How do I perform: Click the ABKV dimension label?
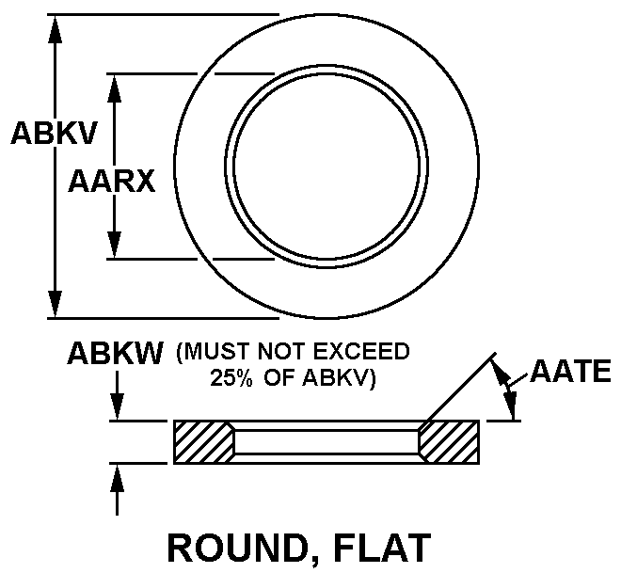54,133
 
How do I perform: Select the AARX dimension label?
112,182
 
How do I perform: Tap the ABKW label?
115,353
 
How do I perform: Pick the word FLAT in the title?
383,548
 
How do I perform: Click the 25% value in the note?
231,378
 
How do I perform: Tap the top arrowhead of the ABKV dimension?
56,28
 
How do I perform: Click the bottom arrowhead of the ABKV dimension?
56,304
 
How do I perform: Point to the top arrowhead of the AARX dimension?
115,88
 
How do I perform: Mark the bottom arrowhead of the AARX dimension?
115,245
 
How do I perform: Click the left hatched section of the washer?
204,442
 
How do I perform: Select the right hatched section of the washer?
449,442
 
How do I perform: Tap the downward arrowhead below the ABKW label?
118,406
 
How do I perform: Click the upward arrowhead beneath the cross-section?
118,478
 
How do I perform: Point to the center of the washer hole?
326,167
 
